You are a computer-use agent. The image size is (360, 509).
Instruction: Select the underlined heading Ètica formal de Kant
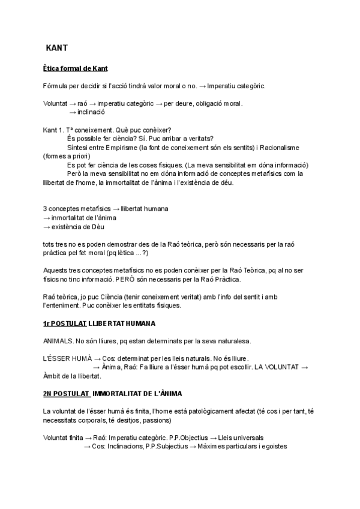(x=76, y=68)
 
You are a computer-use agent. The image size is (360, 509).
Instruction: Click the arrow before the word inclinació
(x=73, y=112)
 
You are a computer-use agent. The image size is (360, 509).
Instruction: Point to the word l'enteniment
(x=64, y=306)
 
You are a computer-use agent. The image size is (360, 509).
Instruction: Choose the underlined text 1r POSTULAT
(x=65, y=324)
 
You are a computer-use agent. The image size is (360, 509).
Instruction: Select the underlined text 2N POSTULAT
(x=67, y=394)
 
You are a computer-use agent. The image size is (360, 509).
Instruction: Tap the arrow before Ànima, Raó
(x=96, y=367)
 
